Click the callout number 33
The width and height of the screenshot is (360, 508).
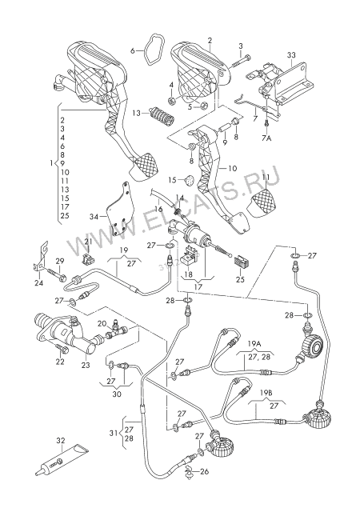tap(291, 55)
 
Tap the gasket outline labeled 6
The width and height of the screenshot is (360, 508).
tap(145, 51)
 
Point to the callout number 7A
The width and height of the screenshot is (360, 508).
tap(266, 138)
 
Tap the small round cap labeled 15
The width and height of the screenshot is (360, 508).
tap(190, 179)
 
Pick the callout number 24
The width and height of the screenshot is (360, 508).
tap(39, 284)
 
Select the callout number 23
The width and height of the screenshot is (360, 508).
tap(86, 365)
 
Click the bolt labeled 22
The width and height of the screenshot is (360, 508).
tap(62, 349)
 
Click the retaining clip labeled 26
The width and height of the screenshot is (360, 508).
tap(188, 470)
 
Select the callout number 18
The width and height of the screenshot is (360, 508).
tap(188, 274)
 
